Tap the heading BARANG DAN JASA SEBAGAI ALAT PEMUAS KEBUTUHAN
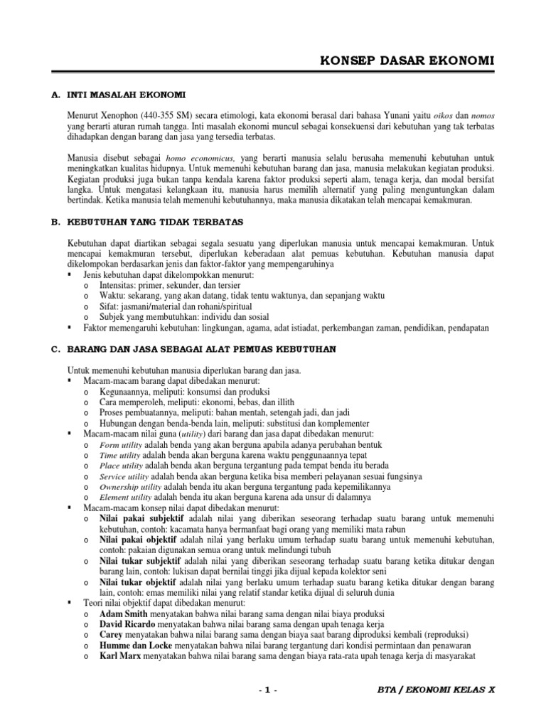pos(201,350)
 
